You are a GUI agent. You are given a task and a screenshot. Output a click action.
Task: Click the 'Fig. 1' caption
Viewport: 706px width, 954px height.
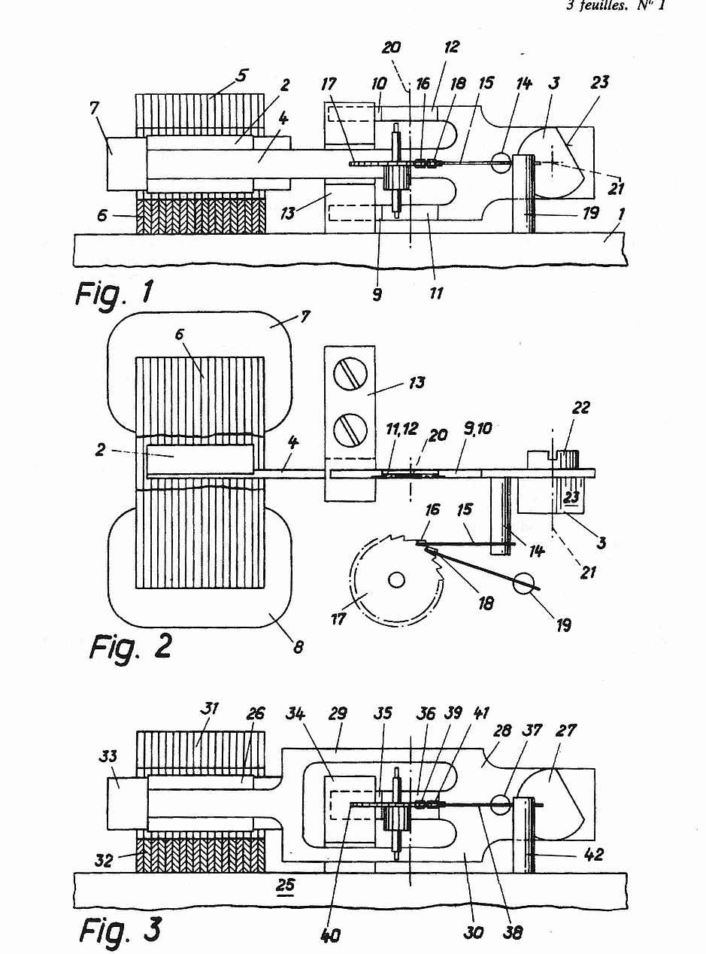(x=114, y=294)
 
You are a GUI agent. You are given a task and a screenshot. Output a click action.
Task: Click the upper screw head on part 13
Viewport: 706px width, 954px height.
(x=350, y=374)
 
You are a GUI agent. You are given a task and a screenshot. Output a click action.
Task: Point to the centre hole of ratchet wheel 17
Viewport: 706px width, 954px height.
(x=396, y=580)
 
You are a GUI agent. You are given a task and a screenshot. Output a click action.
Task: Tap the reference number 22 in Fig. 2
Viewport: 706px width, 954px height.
(x=580, y=408)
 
